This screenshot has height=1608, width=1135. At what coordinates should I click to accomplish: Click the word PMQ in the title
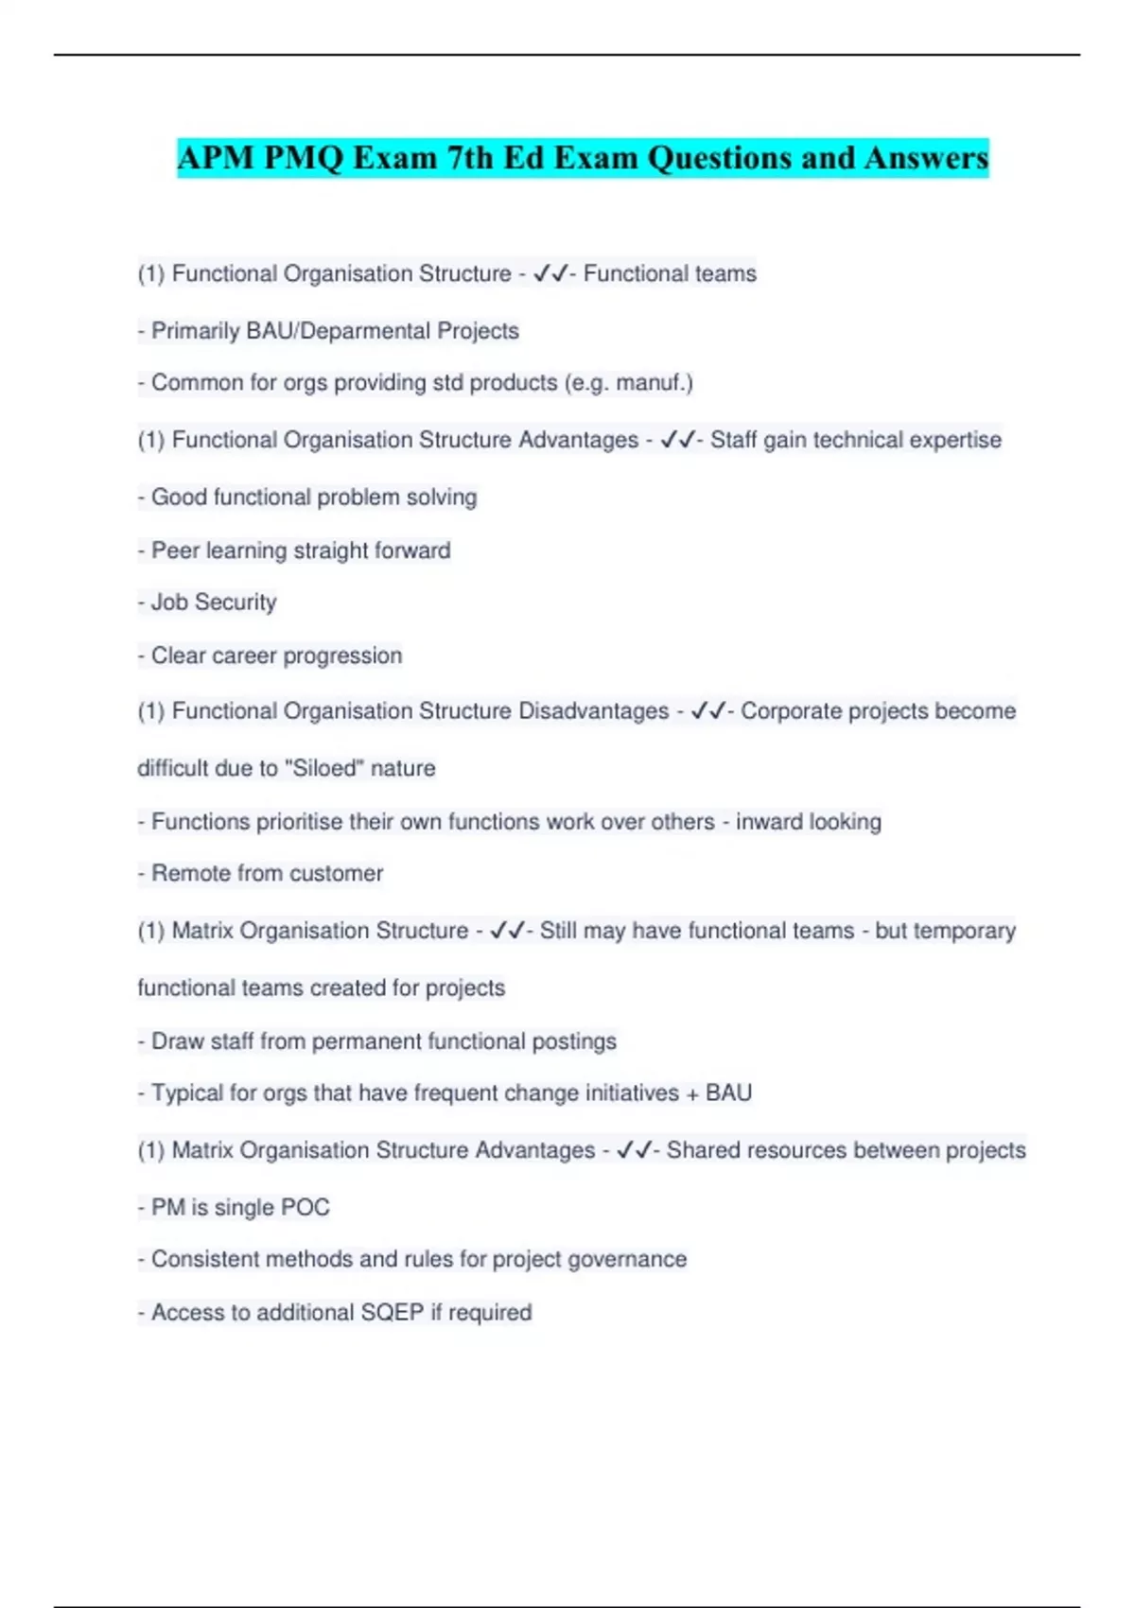304,158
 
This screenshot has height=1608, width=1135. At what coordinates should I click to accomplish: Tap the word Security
236,603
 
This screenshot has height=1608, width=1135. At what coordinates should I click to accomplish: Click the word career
241,655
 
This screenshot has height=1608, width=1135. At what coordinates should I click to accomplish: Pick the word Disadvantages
593,711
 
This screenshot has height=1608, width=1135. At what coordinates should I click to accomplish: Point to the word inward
771,822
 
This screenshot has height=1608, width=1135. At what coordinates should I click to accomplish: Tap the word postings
574,1041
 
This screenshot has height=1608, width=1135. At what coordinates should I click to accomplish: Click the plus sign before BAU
692,1093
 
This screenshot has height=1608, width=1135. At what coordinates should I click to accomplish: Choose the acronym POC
306,1208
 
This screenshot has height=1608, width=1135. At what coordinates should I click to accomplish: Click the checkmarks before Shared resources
634,1150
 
